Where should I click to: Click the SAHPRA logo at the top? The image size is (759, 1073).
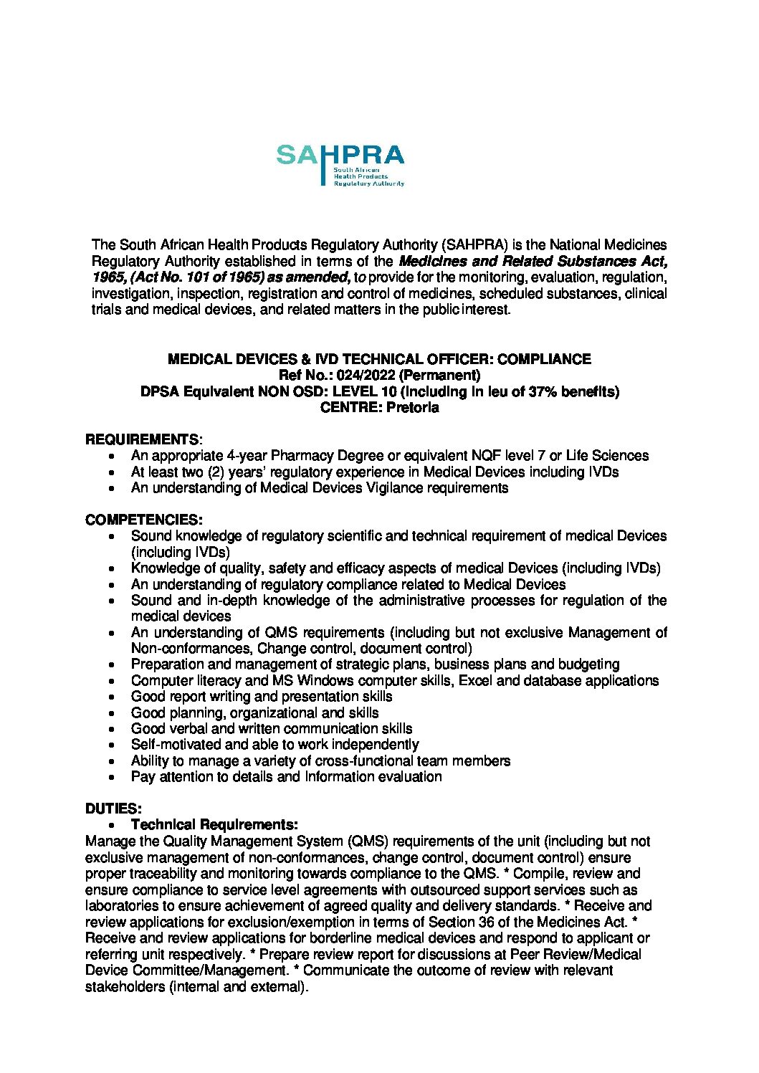340,164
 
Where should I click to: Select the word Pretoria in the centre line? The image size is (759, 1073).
412,407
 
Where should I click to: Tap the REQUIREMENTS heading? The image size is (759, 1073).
142,439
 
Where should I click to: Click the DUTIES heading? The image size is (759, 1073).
113,809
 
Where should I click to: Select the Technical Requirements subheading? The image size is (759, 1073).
214,824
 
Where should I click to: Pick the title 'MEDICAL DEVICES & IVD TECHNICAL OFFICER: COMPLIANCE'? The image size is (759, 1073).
379,359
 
